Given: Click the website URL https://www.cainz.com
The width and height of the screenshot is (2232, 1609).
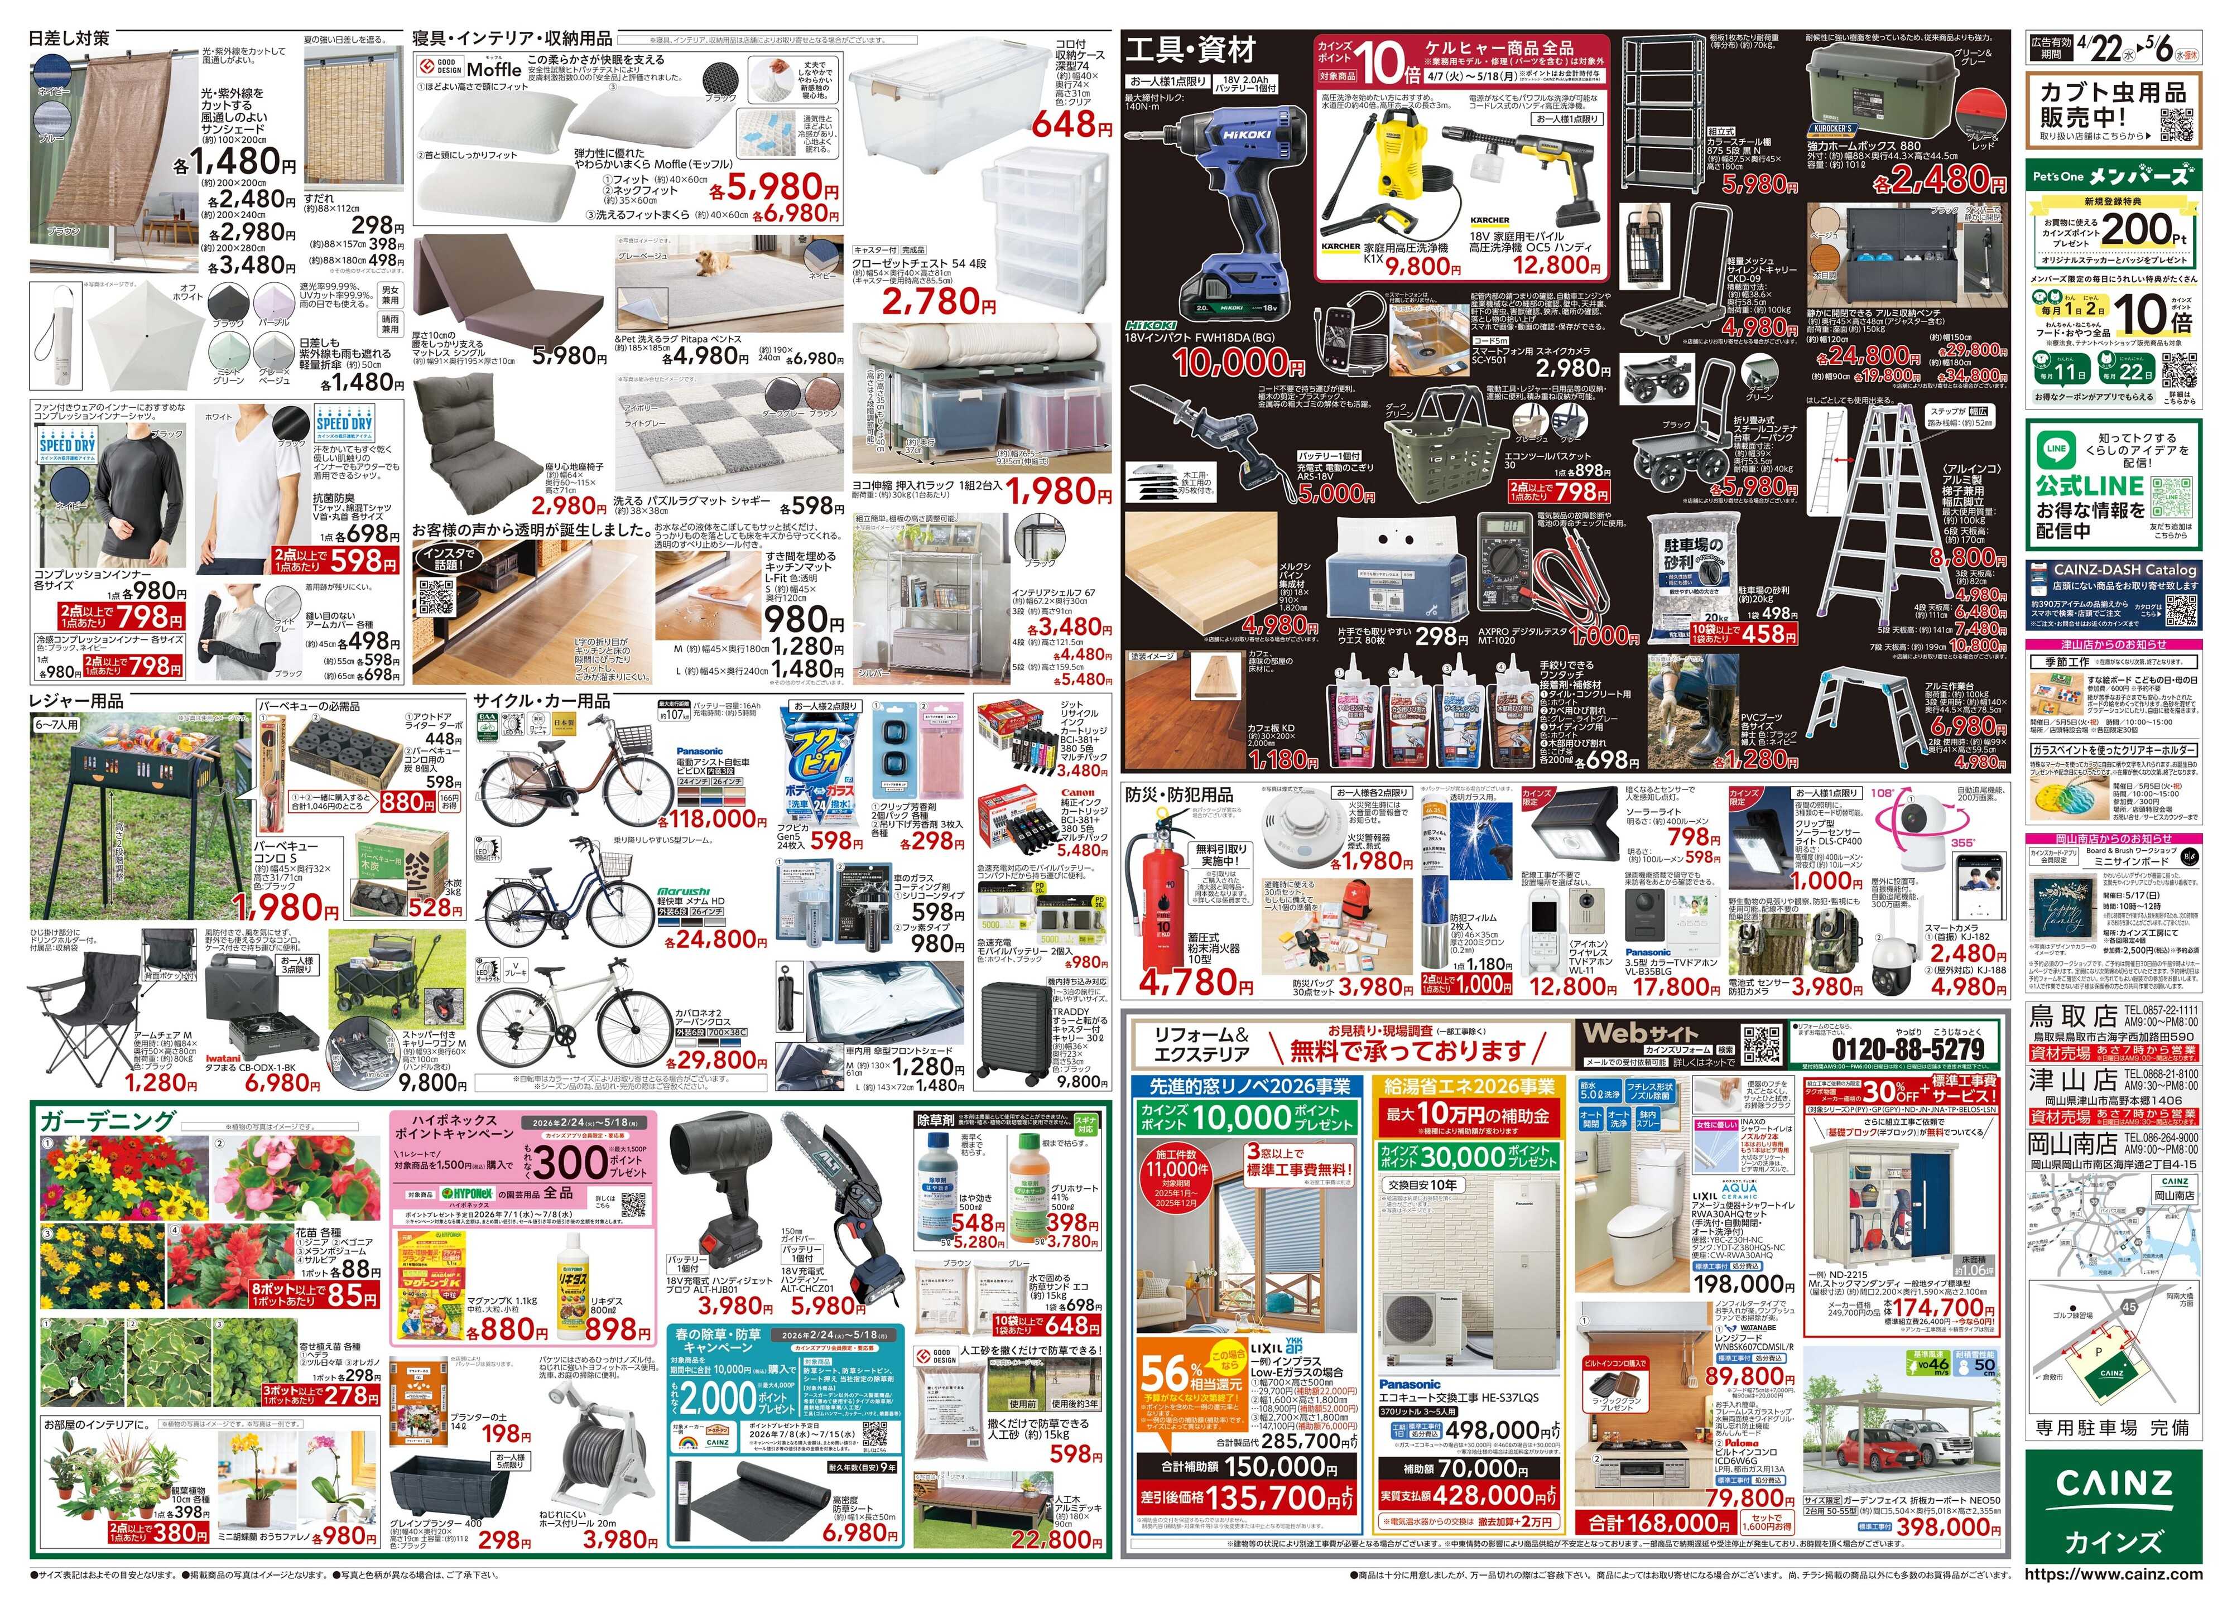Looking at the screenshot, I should tap(2113, 1574).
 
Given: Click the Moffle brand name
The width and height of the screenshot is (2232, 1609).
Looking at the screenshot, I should tap(494, 70).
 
